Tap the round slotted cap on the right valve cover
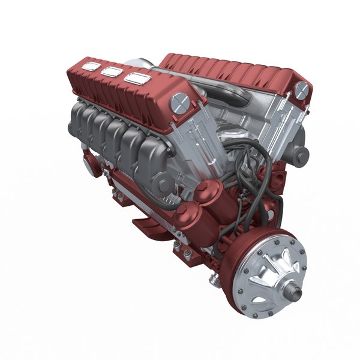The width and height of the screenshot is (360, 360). coord(301,89)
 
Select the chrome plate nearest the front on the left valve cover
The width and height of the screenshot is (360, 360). coord(137,79)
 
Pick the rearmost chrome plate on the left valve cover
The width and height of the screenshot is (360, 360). coord(91,65)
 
